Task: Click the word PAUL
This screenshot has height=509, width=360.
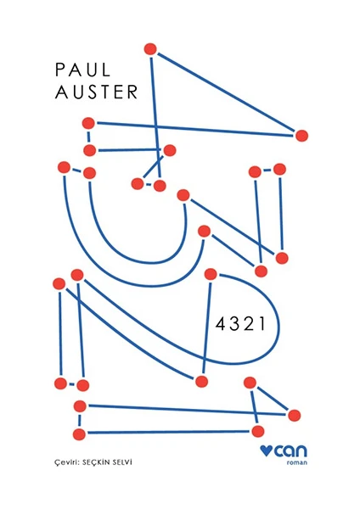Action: pyautogui.click(x=83, y=70)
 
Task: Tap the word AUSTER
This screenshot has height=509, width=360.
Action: pyautogui.click(x=97, y=92)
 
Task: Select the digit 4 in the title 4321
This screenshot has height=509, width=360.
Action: pyautogui.click(x=221, y=324)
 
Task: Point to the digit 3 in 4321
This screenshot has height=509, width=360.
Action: pyautogui.click(x=234, y=324)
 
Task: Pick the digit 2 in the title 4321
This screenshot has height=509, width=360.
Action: pyautogui.click(x=249, y=324)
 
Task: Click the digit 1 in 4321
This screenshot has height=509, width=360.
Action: pyautogui.click(x=262, y=324)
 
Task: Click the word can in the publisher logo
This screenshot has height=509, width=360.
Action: pyautogui.click(x=290, y=450)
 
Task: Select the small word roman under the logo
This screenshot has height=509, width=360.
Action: pyautogui.click(x=296, y=462)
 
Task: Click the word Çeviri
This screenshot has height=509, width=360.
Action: pyautogui.click(x=66, y=462)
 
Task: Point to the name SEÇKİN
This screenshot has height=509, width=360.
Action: pyautogui.click(x=96, y=462)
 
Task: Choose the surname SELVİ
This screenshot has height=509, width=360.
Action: pyautogui.click(x=121, y=462)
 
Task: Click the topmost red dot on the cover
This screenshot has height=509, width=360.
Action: pyautogui.click(x=150, y=49)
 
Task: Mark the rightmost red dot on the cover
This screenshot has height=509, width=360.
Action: pyautogui.click(x=301, y=136)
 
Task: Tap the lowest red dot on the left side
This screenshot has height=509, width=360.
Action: pyautogui.click(x=79, y=434)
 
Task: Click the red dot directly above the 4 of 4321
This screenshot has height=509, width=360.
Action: pyautogui.click(x=211, y=274)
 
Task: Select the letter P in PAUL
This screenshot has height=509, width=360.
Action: pyautogui.click(x=59, y=70)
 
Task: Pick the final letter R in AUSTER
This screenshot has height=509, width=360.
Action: pyautogui.click(x=132, y=92)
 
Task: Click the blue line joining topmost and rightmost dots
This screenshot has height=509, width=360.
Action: pyautogui.click(x=226, y=92)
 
